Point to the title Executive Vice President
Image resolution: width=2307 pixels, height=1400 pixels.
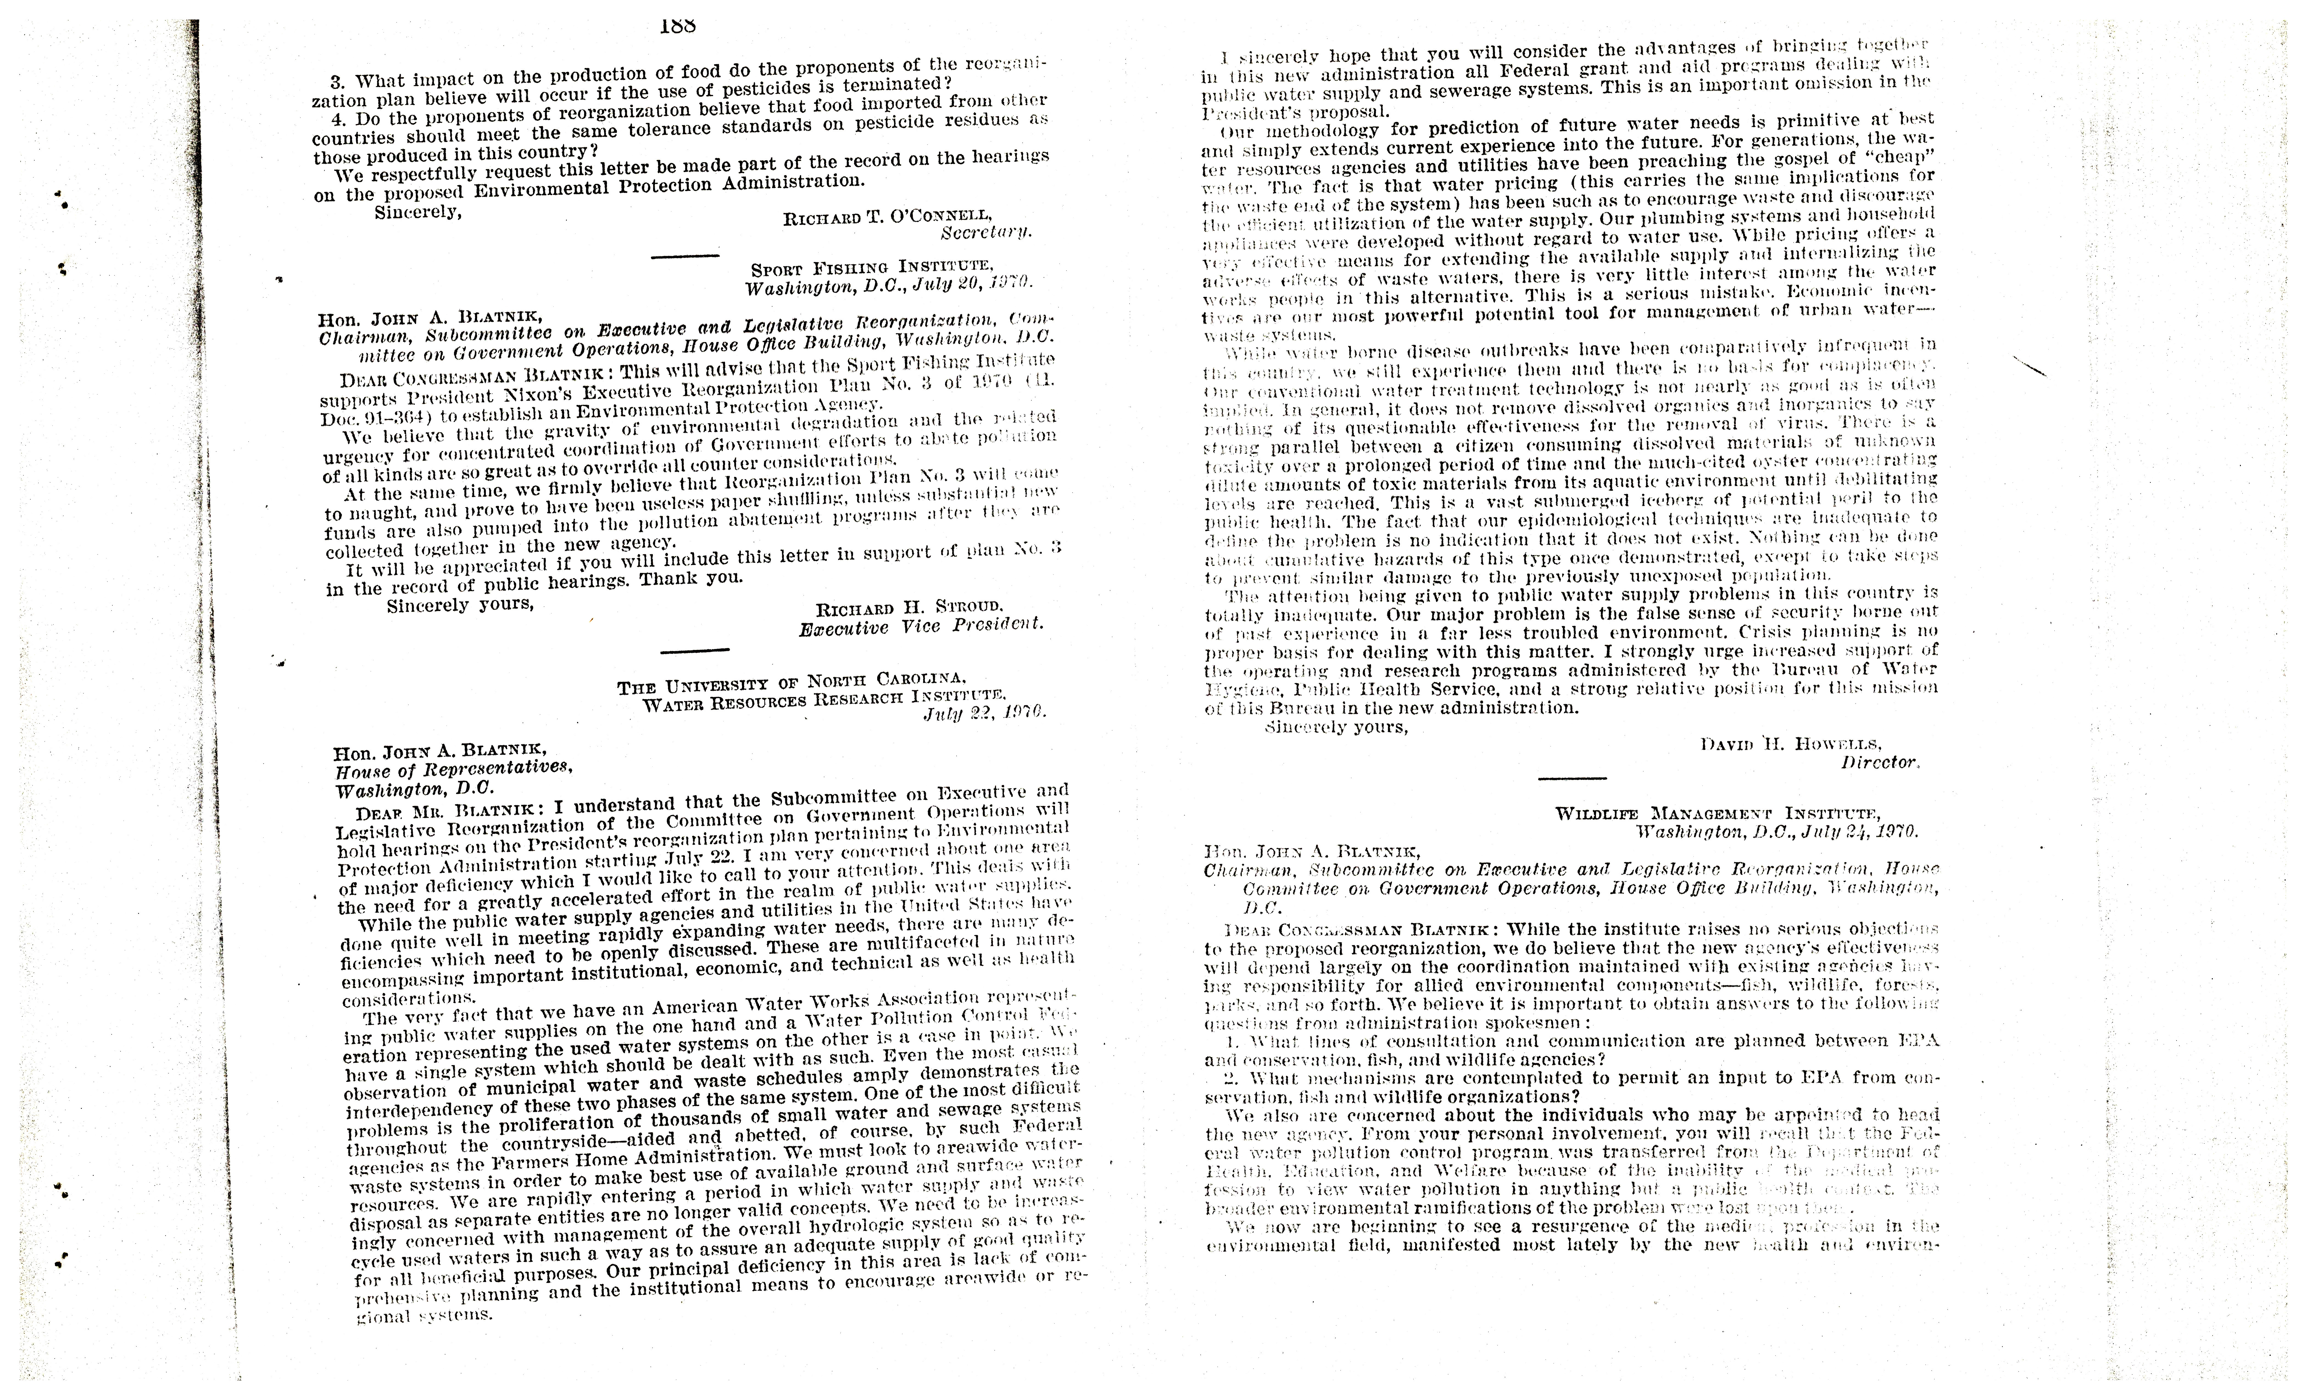920,626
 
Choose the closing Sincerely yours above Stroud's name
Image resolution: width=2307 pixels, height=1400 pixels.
460,606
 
